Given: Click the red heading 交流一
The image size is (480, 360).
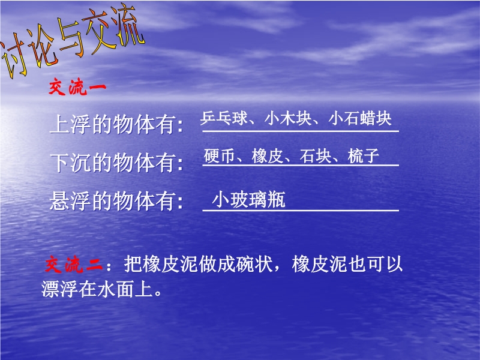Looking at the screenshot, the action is click(77, 87).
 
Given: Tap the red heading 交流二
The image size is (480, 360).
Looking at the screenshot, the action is click(74, 264).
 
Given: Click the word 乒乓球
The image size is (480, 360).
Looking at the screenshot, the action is click(224, 118).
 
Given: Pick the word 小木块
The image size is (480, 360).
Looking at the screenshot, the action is click(288, 118).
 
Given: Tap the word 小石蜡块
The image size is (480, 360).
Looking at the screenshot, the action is click(360, 118).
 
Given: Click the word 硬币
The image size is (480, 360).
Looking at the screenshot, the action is click(220, 156).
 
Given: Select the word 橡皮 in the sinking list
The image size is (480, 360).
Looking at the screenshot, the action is click(268, 156).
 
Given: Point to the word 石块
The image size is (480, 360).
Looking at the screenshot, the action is click(316, 156).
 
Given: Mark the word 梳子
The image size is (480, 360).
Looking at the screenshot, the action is click(364, 156).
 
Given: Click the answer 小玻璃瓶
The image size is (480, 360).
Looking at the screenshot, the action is click(248, 200).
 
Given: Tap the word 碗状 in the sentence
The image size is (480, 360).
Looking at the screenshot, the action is click(254, 263).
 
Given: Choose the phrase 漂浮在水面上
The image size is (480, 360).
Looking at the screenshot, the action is click(97, 289).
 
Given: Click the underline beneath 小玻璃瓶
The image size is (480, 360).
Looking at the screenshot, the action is click(301, 211).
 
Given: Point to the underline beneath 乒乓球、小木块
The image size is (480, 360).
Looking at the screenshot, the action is click(301, 131).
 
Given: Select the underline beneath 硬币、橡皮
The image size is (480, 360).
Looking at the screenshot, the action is click(301, 166).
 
